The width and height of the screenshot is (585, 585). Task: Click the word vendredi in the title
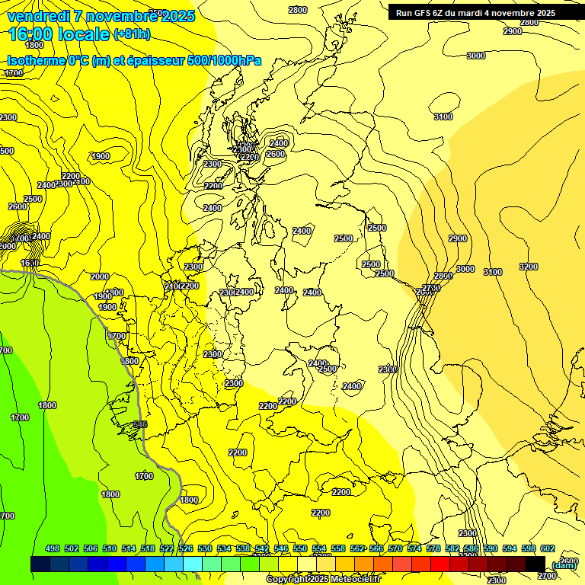pos(40,16)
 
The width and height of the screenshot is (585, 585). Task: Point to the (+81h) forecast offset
pos(131,34)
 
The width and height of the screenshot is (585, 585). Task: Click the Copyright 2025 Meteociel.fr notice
pos(323,580)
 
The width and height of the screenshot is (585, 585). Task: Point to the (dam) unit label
pos(564,564)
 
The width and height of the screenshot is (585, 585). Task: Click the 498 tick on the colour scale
pos(53,549)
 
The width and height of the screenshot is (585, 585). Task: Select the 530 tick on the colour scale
pos(205,549)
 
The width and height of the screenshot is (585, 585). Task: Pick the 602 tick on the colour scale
pos(548,549)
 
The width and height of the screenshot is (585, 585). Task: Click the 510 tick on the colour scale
pos(110,549)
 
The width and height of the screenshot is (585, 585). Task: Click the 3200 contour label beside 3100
pos(528,267)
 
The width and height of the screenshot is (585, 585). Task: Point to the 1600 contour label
pos(30,263)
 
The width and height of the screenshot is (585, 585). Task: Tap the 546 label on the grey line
pos(140,424)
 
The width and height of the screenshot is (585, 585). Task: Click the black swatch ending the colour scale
pos(535,564)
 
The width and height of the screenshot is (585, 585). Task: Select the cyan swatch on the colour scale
pos(193,564)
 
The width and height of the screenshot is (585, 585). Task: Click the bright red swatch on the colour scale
pos(440,564)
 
